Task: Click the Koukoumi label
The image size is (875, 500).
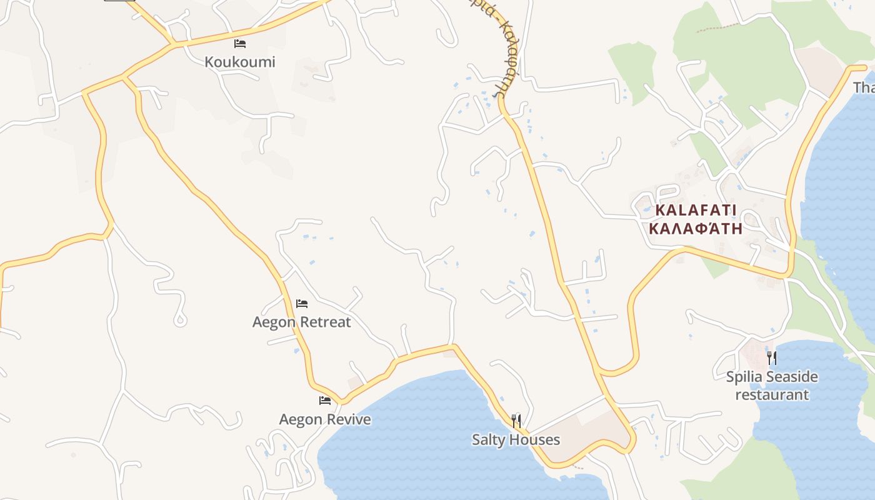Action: click(x=240, y=62)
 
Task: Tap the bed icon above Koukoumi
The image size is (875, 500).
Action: click(x=240, y=44)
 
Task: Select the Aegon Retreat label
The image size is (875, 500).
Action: click(x=301, y=322)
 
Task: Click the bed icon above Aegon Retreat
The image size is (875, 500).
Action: click(x=302, y=304)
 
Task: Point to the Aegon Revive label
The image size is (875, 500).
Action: click(x=324, y=419)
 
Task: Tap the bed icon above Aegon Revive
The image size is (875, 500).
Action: click(x=325, y=400)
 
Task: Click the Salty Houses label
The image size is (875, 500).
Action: click(x=516, y=440)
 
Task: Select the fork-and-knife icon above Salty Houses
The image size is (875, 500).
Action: click(x=516, y=421)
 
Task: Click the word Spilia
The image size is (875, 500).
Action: click(x=746, y=377)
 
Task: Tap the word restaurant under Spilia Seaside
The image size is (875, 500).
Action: click(x=772, y=394)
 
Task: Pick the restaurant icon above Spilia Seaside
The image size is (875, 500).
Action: click(x=772, y=357)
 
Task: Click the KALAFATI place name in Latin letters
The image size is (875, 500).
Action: click(x=696, y=210)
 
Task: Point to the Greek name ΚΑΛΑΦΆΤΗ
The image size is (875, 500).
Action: click(x=696, y=228)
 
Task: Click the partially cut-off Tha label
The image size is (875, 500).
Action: click(x=864, y=87)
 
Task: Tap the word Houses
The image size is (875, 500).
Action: click(x=534, y=440)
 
